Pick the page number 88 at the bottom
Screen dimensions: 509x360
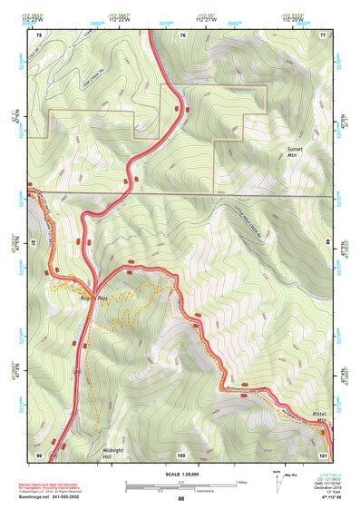[x=180, y=499]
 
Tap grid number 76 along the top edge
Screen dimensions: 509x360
[x=183, y=34]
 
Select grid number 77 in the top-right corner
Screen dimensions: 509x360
[x=322, y=34]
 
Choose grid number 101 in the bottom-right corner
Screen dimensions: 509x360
[x=323, y=453]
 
